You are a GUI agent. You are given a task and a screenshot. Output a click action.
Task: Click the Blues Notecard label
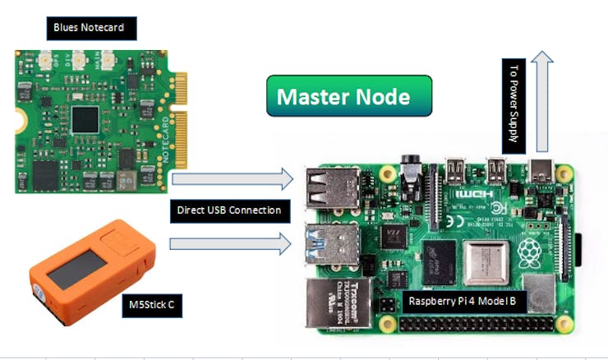click(89, 28)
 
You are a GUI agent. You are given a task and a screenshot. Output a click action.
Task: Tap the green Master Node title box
click(348, 96)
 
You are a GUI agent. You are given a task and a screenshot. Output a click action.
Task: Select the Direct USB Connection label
click(230, 210)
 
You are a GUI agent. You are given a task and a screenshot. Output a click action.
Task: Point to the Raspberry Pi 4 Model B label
click(466, 302)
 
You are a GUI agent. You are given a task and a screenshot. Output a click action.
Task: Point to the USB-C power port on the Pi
click(543, 170)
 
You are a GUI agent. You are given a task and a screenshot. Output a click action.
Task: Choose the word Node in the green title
click(385, 96)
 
